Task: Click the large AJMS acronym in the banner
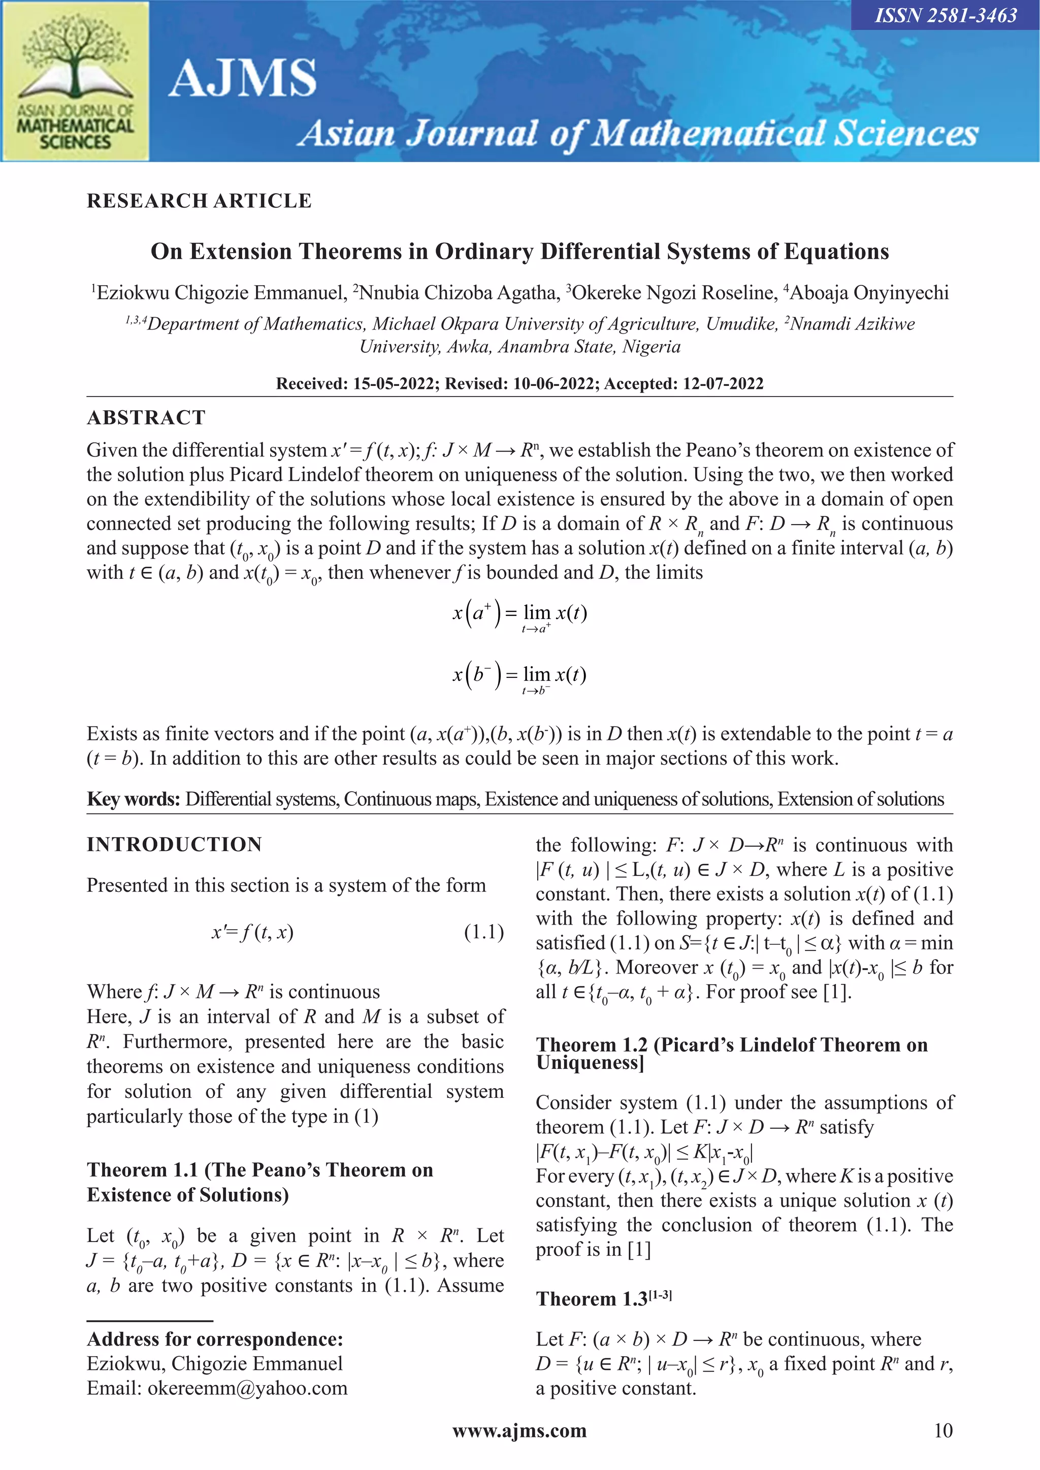coord(243,78)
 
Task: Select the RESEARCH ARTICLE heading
coord(199,201)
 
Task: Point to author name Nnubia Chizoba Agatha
coord(456,293)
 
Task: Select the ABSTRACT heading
coord(146,417)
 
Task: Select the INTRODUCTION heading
coord(174,844)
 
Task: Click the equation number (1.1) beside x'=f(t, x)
coord(483,932)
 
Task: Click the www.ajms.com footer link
coord(519,1431)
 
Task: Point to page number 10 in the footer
coord(942,1431)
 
